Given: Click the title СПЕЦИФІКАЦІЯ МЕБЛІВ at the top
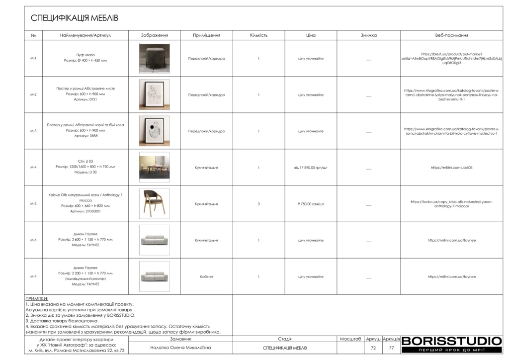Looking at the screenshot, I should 75,18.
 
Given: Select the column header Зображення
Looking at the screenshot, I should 154,35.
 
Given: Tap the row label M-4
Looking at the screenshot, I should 33,168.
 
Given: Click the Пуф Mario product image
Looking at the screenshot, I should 154,58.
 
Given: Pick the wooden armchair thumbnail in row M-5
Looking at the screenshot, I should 154,204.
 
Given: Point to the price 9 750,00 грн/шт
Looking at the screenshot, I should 311,204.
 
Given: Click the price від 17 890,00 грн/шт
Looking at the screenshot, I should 311,168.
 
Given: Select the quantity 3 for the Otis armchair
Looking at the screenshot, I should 258,204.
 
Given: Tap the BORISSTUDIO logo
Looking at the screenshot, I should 451,342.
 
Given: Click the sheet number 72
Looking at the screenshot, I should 373,348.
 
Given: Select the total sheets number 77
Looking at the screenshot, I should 391,348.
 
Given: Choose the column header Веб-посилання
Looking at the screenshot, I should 451,35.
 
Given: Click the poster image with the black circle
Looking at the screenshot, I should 154,131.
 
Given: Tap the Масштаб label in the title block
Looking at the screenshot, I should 350,339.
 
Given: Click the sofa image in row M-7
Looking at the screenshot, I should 154,276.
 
